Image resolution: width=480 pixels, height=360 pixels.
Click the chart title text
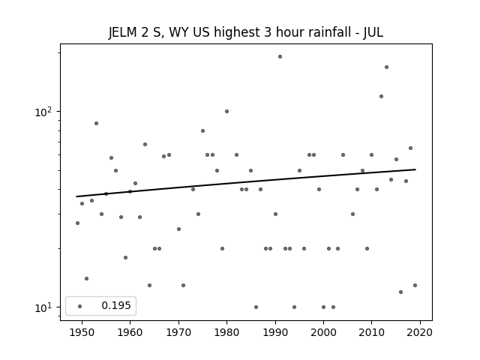pyautogui.click(x=246, y=32)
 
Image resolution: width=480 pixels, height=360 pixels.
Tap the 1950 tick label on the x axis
pyautogui.click(x=82, y=332)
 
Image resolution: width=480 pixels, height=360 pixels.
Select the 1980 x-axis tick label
pyautogui.click(x=226, y=332)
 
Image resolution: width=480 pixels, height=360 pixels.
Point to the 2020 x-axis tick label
pyautogui.click(x=420, y=332)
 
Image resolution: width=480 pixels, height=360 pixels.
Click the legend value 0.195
pyautogui.click(x=116, y=305)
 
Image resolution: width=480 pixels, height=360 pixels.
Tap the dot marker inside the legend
pyautogui.click(x=80, y=306)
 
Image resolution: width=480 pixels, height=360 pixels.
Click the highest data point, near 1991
pyautogui.click(x=280, y=57)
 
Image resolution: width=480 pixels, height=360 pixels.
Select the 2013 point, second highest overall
pyautogui.click(x=386, y=67)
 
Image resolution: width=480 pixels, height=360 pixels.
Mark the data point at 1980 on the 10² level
pyautogui.click(x=226, y=112)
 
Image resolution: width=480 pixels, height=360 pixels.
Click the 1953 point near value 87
pyautogui.click(x=96, y=123)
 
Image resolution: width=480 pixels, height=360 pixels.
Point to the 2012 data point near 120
pyautogui.click(x=381, y=97)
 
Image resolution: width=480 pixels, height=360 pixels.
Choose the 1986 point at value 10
pyautogui.click(x=256, y=307)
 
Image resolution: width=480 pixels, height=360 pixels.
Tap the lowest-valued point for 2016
pyautogui.click(x=400, y=292)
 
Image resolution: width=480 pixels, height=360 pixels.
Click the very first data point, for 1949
pyautogui.click(x=77, y=223)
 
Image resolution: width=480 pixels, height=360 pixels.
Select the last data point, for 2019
pyautogui.click(x=415, y=285)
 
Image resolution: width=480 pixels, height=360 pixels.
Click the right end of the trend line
pyautogui.click(x=415, y=169)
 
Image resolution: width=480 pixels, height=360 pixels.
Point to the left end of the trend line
pyautogui.click(x=76, y=196)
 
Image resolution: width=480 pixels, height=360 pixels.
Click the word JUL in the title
pyautogui.click(x=373, y=32)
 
